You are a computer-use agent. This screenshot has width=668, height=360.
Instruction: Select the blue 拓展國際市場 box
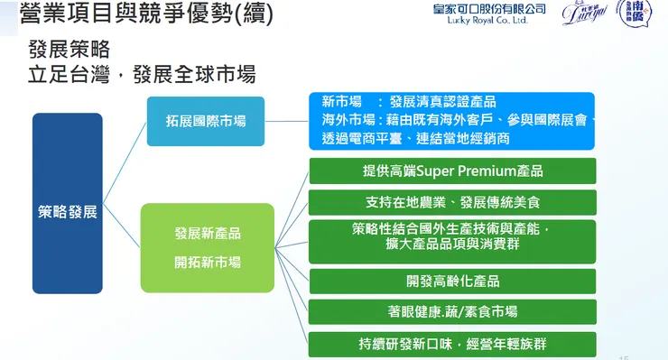click(x=206, y=121)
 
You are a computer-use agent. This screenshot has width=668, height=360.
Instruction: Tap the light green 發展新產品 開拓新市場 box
click(x=207, y=247)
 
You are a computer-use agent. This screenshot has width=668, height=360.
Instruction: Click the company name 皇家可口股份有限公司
click(x=489, y=7)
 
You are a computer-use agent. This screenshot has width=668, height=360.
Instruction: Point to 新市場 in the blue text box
click(x=342, y=102)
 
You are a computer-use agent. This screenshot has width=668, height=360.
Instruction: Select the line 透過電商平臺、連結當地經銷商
click(x=415, y=138)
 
